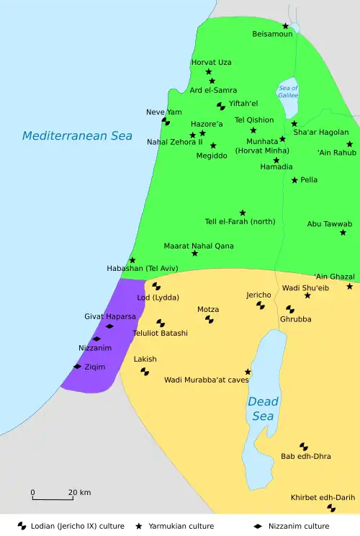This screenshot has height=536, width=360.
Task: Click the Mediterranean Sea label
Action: pyautogui.click(x=76, y=135)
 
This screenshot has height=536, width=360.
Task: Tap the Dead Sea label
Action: pyautogui.click(x=263, y=408)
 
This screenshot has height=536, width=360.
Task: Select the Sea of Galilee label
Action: pyautogui.click(x=288, y=91)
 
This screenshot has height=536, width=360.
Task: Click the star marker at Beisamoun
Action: pyautogui.click(x=285, y=26)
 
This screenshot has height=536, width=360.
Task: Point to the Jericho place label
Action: pyautogui.click(x=258, y=295)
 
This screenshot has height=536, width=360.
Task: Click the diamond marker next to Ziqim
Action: pyautogui.click(x=77, y=367)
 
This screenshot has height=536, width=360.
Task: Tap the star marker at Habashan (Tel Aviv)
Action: pyautogui.click(x=132, y=260)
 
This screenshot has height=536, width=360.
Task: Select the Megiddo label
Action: pyautogui.click(x=212, y=155)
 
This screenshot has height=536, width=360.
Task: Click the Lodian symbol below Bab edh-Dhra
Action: pyautogui.click(x=304, y=447)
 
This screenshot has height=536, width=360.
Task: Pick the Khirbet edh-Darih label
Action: pyautogui.click(x=323, y=497)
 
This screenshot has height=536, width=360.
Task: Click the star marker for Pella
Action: pyautogui.click(x=294, y=179)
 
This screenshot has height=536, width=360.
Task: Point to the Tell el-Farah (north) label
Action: pyautogui.click(x=240, y=221)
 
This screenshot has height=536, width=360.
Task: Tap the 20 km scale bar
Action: pyautogui.click(x=52, y=498)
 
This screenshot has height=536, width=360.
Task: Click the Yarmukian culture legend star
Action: pyautogui.click(x=139, y=527)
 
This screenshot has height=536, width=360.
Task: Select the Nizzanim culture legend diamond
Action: pyautogui.click(x=258, y=527)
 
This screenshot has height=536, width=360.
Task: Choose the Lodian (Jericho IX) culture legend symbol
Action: pyautogui.click(x=22, y=527)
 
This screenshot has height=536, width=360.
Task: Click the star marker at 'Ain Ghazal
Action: pyautogui.click(x=350, y=286)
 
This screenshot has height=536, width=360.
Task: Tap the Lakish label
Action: pyautogui.click(x=145, y=359)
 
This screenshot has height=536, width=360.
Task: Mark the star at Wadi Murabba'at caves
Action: pyautogui.click(x=248, y=372)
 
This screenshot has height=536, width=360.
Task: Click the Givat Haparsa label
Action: pyautogui.click(x=110, y=316)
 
